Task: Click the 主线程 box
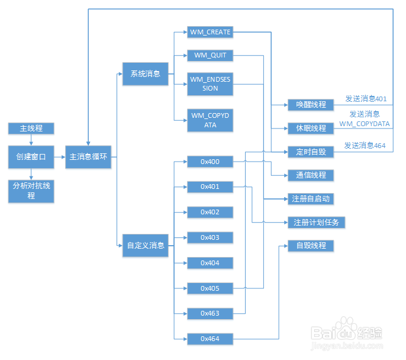point(30,128)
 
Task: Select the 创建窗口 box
point(30,157)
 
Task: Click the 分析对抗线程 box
point(30,191)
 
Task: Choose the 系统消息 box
point(145,74)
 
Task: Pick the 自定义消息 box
point(145,245)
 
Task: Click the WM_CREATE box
point(210,31)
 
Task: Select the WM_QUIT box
point(210,56)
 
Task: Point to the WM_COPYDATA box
point(210,120)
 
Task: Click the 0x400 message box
point(210,161)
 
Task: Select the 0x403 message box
point(210,237)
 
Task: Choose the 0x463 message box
point(210,313)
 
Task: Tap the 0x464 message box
point(210,339)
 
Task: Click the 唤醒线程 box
point(311,105)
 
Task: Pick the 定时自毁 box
point(311,152)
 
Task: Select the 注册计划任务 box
point(316,223)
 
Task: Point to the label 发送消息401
point(366,99)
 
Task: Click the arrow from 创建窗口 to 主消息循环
point(58,157)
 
